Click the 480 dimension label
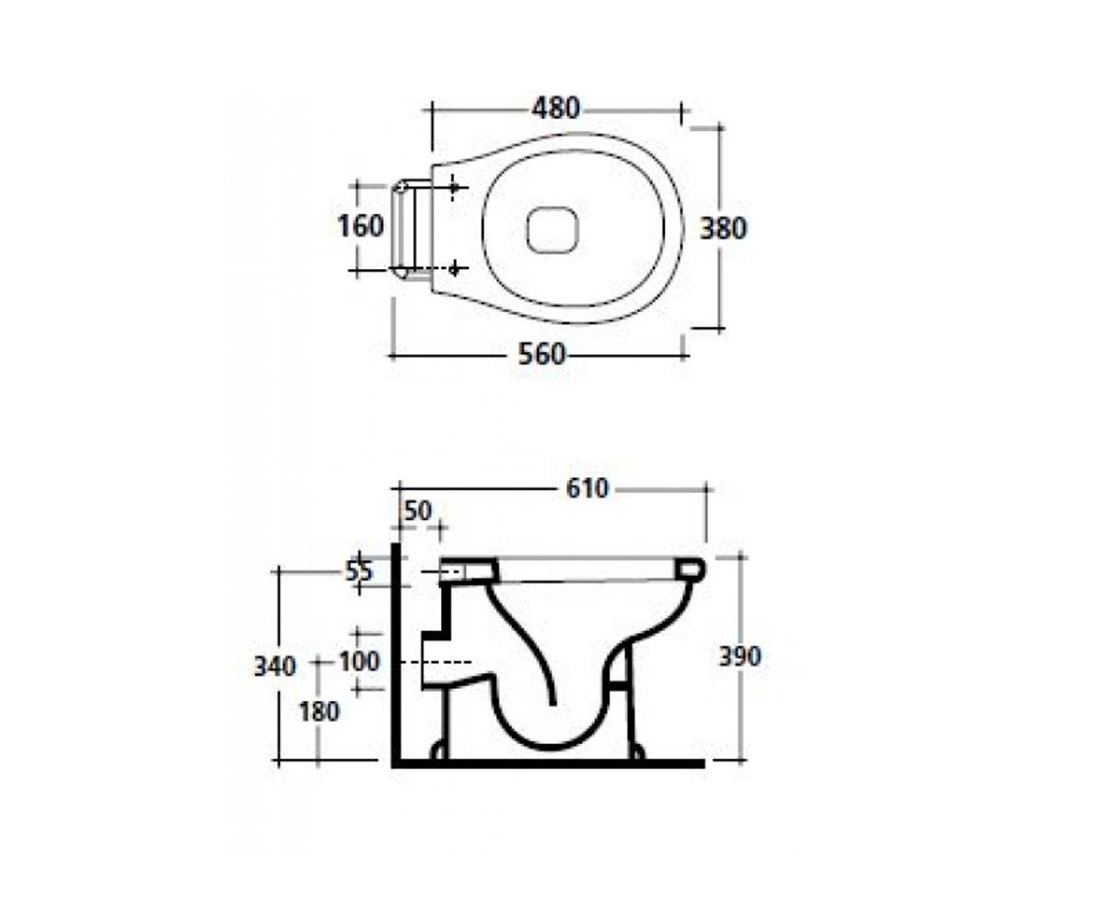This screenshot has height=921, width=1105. (555, 109)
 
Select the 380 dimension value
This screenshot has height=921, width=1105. (723, 228)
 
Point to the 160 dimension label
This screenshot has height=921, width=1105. (360, 226)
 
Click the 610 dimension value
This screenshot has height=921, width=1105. (587, 488)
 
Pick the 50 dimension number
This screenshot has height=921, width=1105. (418, 511)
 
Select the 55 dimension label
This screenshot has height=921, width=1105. (359, 571)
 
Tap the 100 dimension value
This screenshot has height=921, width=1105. (359, 661)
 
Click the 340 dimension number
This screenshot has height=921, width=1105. (274, 667)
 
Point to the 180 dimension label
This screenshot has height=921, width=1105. (320, 711)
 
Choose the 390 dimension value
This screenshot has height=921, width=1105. (739, 657)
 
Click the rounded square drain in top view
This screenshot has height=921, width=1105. (553, 228)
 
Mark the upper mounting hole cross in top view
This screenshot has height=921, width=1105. (454, 187)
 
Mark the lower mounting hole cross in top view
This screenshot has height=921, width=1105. (454, 270)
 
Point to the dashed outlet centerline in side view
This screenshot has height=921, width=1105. (436, 662)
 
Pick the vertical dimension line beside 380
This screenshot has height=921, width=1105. (719, 227)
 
